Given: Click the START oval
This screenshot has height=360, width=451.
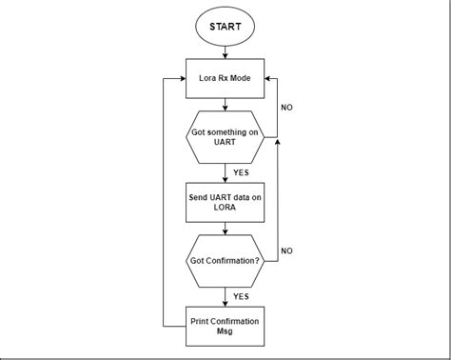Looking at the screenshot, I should click(225, 28).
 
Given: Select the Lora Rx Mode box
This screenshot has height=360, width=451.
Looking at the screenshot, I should click(225, 78).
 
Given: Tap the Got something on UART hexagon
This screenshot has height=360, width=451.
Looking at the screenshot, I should click(225, 138).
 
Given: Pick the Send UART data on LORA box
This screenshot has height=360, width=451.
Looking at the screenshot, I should click(225, 201).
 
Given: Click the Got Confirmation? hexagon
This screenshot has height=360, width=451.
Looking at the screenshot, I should click(225, 261).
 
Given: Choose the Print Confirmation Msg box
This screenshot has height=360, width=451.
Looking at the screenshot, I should click(225, 324).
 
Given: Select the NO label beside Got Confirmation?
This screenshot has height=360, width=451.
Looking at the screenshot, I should click(285, 251).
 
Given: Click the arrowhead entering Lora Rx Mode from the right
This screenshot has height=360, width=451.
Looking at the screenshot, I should click(267, 78).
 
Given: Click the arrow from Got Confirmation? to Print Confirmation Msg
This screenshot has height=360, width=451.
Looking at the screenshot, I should click(225, 296).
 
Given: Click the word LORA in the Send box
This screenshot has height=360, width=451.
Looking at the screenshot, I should click(225, 208).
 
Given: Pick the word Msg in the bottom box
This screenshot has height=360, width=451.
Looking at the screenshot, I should click(225, 330).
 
